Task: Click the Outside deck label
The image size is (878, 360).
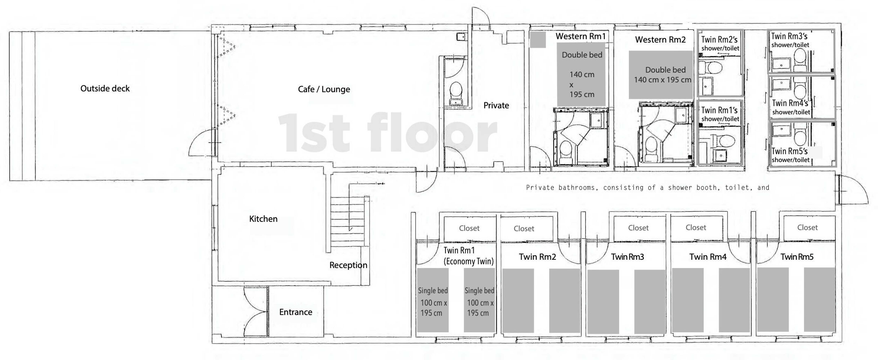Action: click(105, 89)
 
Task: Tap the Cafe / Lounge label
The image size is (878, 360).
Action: click(324, 89)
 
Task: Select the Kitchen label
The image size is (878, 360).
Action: click(263, 219)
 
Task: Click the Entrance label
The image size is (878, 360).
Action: click(295, 312)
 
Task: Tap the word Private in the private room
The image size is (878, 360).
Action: click(496, 105)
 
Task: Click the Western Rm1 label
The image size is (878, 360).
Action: click(580, 36)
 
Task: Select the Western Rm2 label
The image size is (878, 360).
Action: click(660, 40)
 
